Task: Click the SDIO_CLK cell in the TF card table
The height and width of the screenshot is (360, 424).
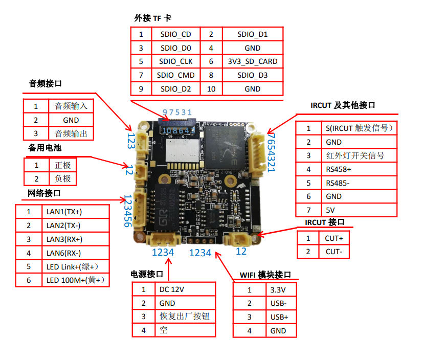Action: [x=176, y=61]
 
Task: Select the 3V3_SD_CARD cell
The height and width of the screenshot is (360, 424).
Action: [x=253, y=61]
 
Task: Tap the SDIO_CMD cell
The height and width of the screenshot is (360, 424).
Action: [x=176, y=75]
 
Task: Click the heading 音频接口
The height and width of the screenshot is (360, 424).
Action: [x=46, y=84]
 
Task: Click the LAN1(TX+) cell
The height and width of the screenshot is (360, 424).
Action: [x=64, y=212]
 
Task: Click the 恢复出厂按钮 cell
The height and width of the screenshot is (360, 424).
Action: [x=185, y=317]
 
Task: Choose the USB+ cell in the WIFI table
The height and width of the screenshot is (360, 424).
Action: [x=279, y=317]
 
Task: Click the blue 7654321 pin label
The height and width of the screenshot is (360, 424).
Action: [x=271, y=152]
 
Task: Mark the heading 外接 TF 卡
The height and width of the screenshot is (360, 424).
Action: [x=153, y=18]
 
